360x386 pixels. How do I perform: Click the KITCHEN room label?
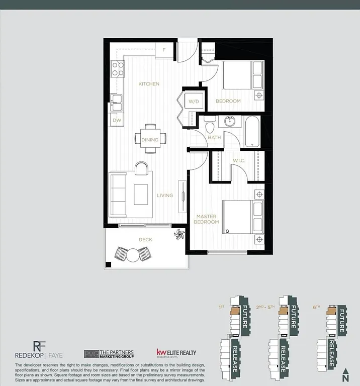click(149, 84)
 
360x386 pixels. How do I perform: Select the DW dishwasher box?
click(117, 120)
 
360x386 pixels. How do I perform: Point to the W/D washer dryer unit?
click(194, 102)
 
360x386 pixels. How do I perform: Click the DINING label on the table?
click(150, 140)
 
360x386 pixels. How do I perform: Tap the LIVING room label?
click(164, 196)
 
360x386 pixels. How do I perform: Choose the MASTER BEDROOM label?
click(207, 219)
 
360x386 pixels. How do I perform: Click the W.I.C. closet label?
click(238, 161)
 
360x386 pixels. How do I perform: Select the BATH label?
click(214, 137)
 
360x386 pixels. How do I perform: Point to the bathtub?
click(252, 131)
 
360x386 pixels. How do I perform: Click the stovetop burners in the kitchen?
click(118, 68)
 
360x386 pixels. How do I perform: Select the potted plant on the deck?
click(179, 235)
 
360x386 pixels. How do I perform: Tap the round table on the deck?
click(132, 255)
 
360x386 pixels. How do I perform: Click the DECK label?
click(145, 240)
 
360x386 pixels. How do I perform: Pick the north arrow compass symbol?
click(345, 374)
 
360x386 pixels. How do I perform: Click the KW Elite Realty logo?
click(176, 353)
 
